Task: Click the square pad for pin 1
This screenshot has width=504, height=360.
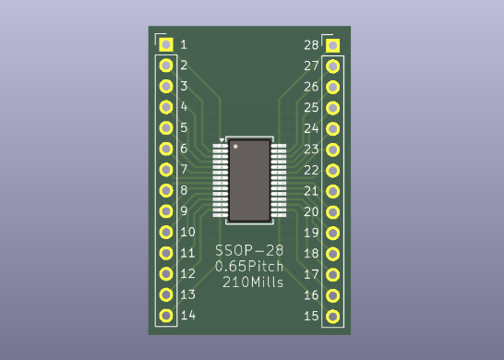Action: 166,44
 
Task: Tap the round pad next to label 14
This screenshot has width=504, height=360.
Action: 166,316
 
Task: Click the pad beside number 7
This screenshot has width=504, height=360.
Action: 166,170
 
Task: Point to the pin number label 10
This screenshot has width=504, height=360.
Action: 187,232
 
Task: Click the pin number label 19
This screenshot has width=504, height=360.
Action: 311,233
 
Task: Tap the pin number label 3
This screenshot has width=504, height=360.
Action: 185,86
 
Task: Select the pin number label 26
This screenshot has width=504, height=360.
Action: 311,87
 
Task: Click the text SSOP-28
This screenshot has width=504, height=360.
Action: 249,251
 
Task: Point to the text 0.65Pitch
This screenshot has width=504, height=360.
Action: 249,267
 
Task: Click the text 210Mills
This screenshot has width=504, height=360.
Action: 253,282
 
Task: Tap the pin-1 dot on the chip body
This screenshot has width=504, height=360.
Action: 235,147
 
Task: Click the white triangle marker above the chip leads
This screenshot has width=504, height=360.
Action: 222,139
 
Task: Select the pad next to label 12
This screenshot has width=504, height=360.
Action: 166,274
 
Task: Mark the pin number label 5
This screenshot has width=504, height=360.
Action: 185,127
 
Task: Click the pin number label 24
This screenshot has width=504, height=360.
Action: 311,128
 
